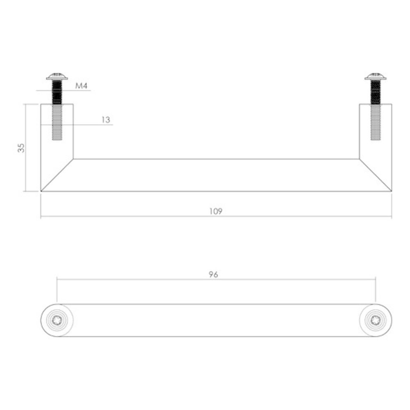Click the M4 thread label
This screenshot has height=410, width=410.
[x=82, y=86]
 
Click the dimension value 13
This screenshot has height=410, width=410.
[x=106, y=120]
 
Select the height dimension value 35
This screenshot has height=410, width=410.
[x=22, y=148]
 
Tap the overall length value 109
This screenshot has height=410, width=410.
[x=216, y=212]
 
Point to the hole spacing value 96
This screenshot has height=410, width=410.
[x=213, y=275]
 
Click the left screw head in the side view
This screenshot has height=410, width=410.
[x=57, y=76]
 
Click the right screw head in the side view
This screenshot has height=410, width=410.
[x=375, y=76]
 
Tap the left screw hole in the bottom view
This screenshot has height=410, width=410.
[x=57, y=321]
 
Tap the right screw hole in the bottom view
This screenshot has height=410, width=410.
[x=375, y=321]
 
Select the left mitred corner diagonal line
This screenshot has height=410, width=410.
[x=57, y=175]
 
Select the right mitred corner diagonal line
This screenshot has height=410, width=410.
[x=375, y=175]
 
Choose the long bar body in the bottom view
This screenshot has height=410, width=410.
[x=216, y=321]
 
